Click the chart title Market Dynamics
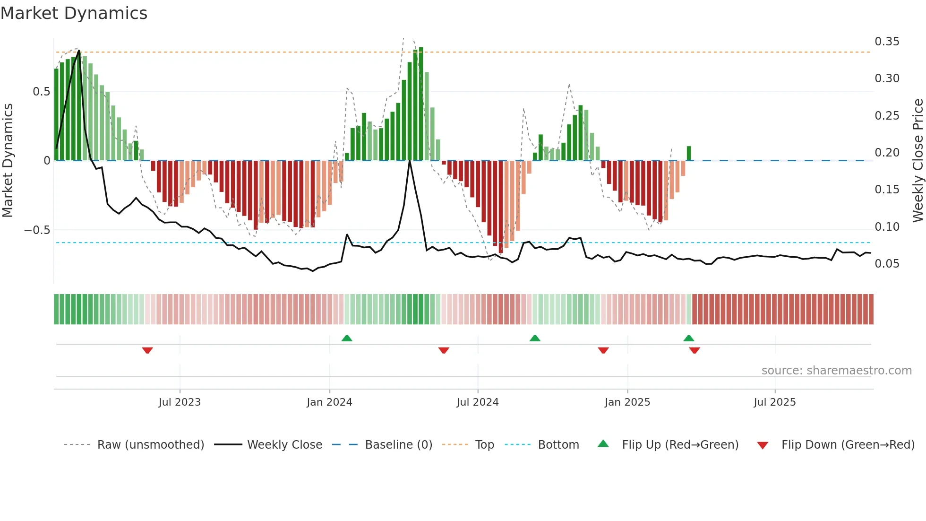(x=74, y=13)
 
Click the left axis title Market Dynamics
(x=8, y=160)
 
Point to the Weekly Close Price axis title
(x=917, y=160)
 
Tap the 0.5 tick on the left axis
(x=41, y=92)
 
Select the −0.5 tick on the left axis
(x=37, y=230)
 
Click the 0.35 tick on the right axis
(x=887, y=42)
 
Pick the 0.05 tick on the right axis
(x=887, y=264)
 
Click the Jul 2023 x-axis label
(x=180, y=402)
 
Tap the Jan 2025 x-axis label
(x=627, y=402)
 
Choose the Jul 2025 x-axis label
(x=774, y=402)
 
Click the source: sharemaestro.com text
(x=836, y=371)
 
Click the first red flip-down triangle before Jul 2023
(x=147, y=350)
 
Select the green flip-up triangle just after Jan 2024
(x=347, y=338)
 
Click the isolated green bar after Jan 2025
(x=689, y=153)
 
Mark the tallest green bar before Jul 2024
(x=421, y=104)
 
